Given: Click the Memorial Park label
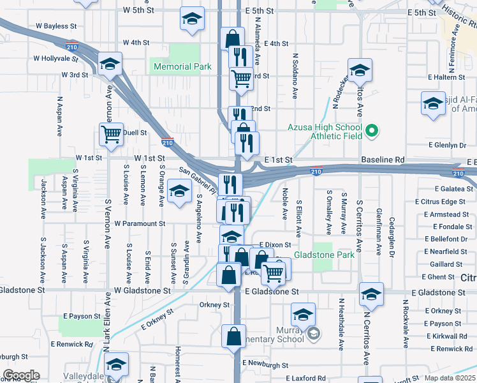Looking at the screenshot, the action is coord(181,66).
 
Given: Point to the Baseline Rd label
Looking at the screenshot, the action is coord(383,159).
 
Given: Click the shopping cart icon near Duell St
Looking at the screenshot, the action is coord(112,135).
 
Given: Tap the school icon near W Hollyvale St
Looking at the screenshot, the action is coord(110,64).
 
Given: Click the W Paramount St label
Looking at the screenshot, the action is coord(140,224).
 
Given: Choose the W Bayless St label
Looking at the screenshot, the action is coord(56,27).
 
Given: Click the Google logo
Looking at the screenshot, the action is coord(21,375).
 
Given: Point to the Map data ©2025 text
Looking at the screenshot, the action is coord(450,377).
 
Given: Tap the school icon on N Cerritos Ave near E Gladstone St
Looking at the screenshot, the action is coord(371,294).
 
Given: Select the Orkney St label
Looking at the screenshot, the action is coord(214,305).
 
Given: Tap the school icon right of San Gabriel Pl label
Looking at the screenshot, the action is coord(179,191).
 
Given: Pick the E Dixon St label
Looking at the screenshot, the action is coord(275,244).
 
